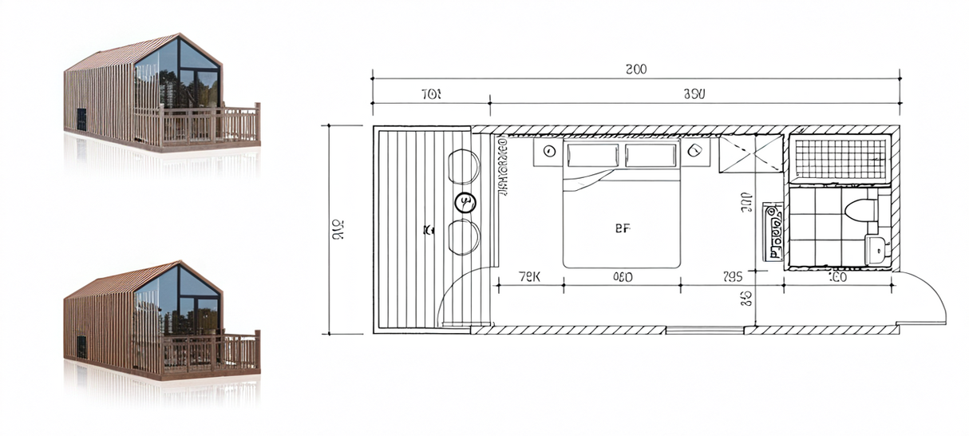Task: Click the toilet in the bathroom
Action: (x=860, y=211)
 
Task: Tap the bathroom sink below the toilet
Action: (x=876, y=249)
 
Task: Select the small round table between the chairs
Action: (x=465, y=203)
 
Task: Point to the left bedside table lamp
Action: (x=549, y=151)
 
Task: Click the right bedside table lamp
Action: (x=694, y=151)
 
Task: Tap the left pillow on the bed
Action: (x=593, y=155)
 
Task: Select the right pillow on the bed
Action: (x=651, y=155)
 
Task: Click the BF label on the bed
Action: (x=623, y=228)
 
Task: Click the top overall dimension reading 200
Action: (x=635, y=69)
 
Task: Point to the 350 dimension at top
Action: (x=694, y=94)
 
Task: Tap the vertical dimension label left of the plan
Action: (x=337, y=229)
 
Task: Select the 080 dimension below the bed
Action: (x=623, y=277)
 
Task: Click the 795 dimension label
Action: (x=732, y=277)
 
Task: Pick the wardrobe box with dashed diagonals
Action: (x=751, y=153)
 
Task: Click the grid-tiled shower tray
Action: (x=838, y=158)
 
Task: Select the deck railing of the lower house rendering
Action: (x=209, y=351)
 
